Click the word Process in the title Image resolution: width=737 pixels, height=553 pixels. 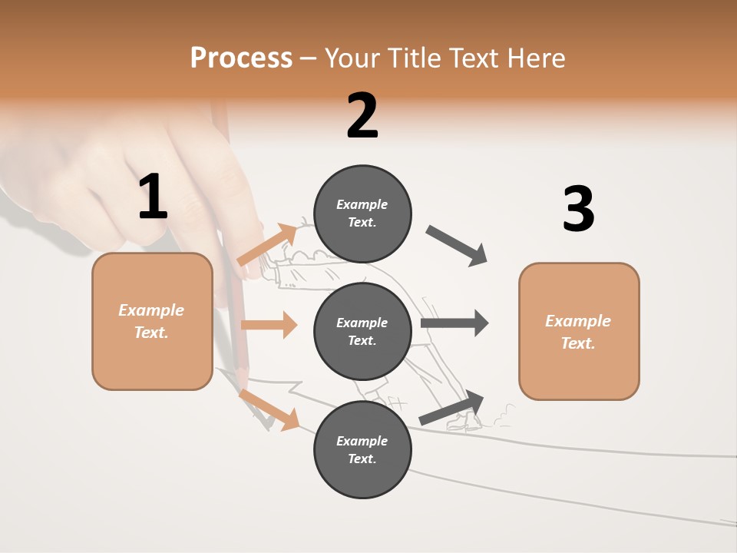[241, 58]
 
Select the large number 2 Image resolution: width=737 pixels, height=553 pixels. [362, 116]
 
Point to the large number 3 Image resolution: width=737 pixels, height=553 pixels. [578, 209]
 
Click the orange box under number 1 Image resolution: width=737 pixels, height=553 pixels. [152, 321]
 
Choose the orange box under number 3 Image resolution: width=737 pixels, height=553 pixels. [579, 332]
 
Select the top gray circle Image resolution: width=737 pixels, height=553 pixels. [362, 214]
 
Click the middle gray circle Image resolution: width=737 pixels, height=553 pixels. [362, 331]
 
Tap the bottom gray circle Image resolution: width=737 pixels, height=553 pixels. [362, 449]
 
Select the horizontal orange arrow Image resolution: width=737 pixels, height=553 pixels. [269, 325]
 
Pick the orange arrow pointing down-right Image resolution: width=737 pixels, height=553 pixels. [269, 409]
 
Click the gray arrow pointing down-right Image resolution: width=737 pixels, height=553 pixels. [457, 246]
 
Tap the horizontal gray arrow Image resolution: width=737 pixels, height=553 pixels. [454, 323]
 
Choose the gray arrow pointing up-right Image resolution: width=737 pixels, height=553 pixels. [452, 407]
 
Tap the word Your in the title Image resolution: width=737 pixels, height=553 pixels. [352, 58]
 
